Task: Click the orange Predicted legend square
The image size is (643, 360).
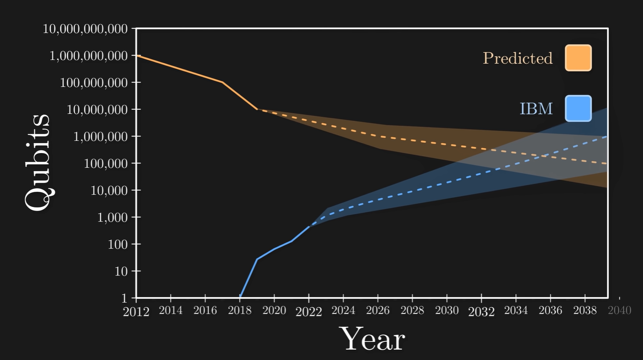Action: point(578,58)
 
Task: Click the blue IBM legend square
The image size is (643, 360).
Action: point(578,108)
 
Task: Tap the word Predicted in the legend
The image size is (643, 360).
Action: point(518,58)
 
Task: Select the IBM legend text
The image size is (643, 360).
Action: point(536,108)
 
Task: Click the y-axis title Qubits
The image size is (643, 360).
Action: point(38,163)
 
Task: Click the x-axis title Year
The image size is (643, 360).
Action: point(373,339)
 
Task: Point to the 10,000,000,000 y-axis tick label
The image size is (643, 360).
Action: point(86,29)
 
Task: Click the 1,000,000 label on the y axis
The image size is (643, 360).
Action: point(101,136)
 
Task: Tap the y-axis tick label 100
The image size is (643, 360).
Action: point(118,244)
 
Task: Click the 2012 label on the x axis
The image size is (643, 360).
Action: point(136,311)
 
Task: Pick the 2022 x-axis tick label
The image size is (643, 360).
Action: point(309,311)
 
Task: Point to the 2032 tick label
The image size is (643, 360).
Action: point(481,311)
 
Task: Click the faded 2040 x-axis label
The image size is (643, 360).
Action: point(619,310)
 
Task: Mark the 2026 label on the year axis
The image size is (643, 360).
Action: point(378,310)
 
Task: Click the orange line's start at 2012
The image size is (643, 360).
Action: point(137,55)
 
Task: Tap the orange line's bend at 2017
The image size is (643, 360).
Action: point(223,82)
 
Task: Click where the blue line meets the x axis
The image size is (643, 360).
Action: point(240,297)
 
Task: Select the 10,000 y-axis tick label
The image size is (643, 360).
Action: point(108,190)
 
